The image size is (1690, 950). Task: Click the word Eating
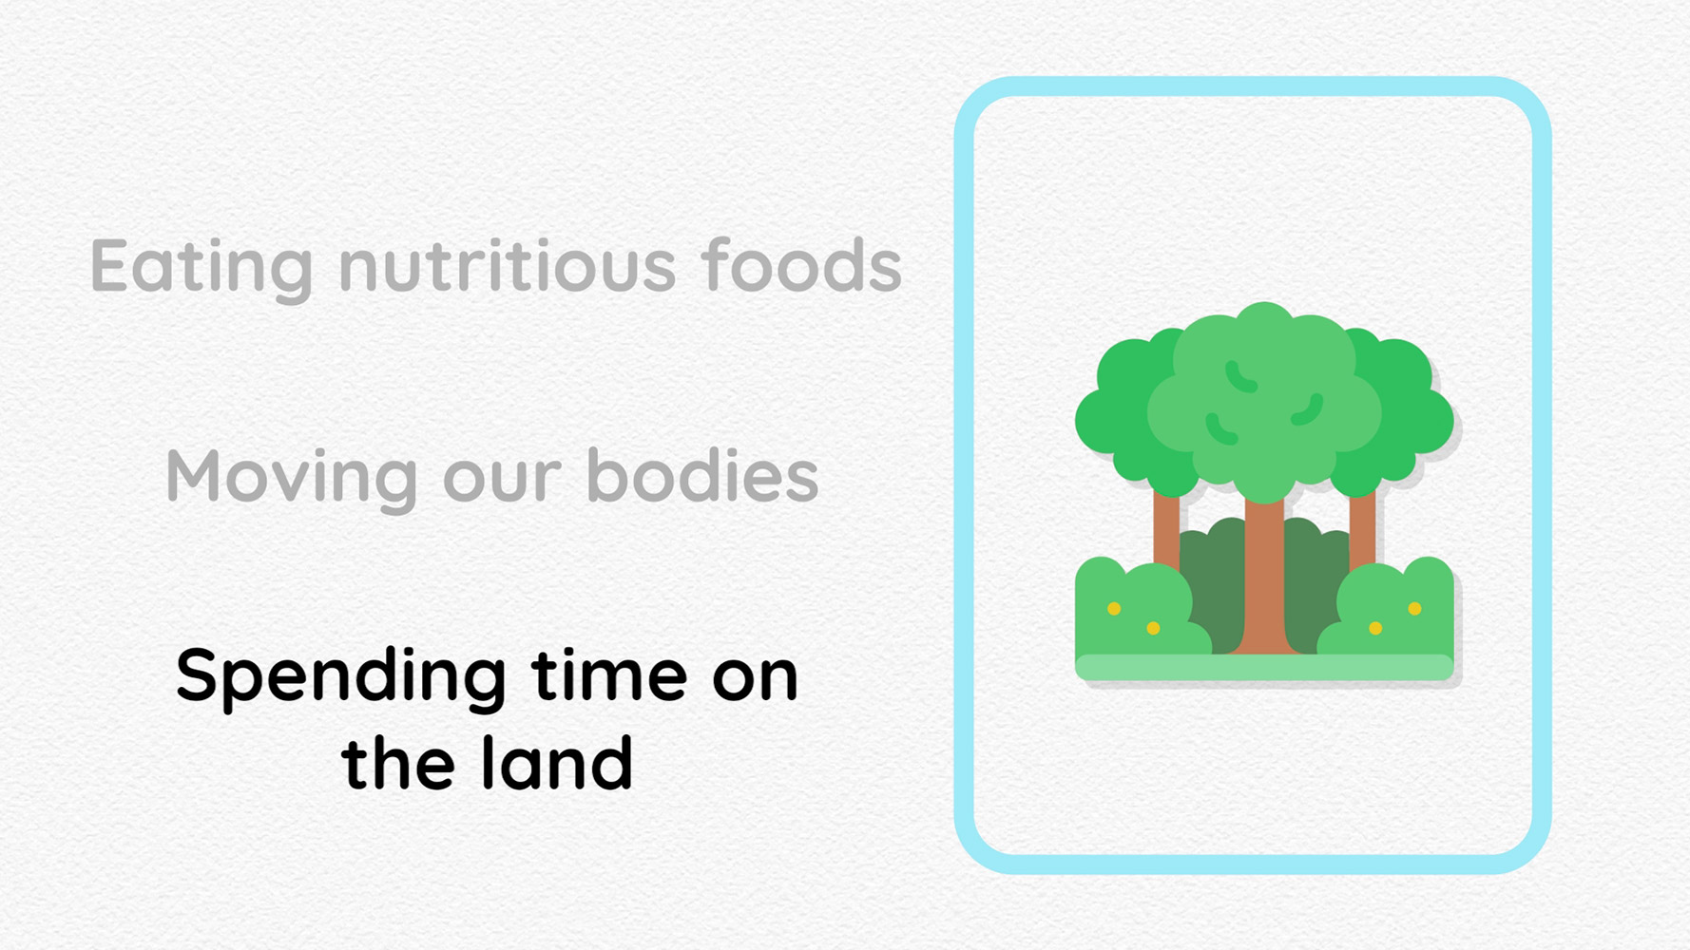click(202, 268)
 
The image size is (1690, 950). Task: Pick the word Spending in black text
click(340, 678)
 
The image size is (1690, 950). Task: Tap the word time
click(609, 674)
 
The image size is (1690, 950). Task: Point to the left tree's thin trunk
click(1166, 527)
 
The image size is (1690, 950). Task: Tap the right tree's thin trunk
click(1362, 527)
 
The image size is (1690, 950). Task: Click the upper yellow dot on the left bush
click(1114, 608)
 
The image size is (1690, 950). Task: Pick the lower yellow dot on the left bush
click(1153, 628)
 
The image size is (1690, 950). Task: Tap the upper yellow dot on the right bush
click(1414, 608)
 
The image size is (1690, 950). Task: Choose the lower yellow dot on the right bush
click(1375, 628)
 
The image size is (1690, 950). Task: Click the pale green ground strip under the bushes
click(1264, 667)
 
